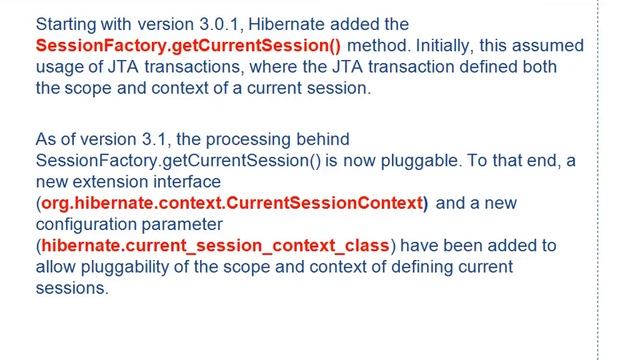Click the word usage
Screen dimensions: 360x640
coord(59,66)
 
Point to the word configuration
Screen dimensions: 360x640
coord(87,224)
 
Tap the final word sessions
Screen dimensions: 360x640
coord(70,287)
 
